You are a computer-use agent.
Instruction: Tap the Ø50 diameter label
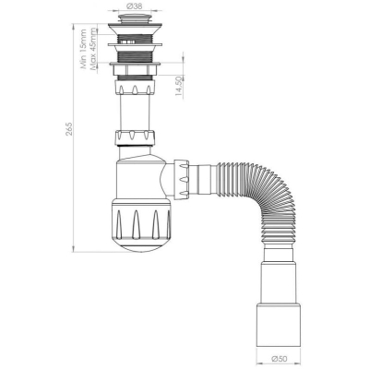[278, 359]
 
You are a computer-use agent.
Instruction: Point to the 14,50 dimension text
[179, 87]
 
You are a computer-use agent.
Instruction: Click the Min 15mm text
[83, 49]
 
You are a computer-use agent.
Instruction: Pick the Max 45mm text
[93, 49]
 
